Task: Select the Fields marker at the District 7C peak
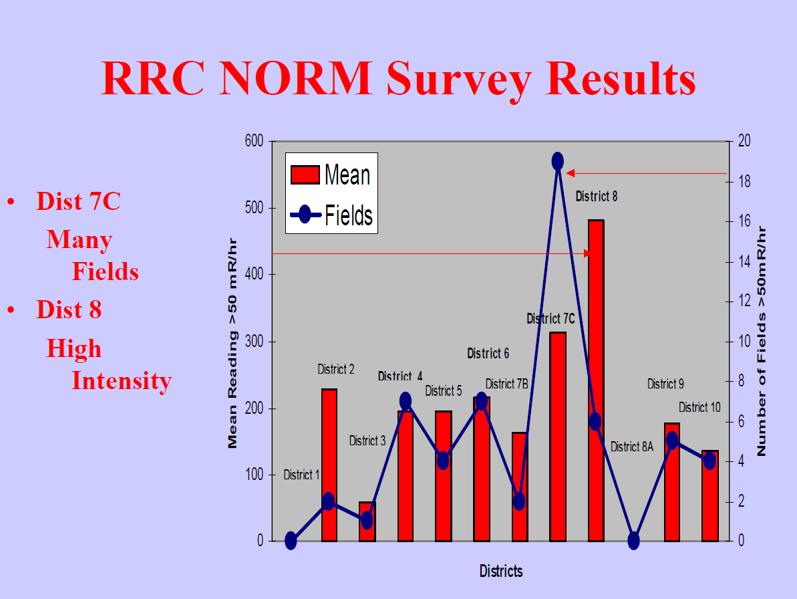tap(558, 161)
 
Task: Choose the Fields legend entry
tap(332, 215)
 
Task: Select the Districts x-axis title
tap(500, 571)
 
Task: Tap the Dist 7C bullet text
tap(78, 201)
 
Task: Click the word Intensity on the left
tap(122, 380)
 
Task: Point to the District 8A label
tap(631, 447)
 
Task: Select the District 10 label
tap(699, 407)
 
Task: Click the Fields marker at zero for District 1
tap(291, 541)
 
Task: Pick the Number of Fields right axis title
tap(761, 341)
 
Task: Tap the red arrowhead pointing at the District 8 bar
tap(587, 253)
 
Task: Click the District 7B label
tap(506, 384)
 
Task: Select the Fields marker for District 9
tap(672, 441)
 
